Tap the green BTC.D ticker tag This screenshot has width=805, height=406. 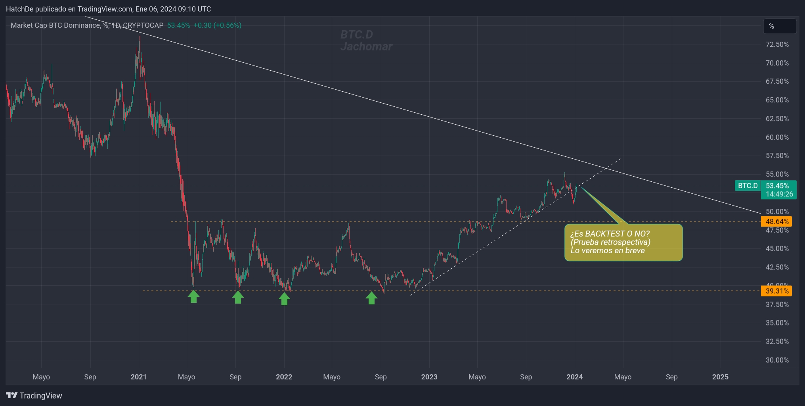coord(748,186)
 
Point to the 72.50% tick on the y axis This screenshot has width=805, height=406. coord(777,44)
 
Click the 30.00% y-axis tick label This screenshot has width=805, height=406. coord(777,360)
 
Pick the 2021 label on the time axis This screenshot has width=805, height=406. coord(138,377)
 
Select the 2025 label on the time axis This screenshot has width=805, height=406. coord(720,377)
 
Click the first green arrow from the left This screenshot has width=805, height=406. coord(193,296)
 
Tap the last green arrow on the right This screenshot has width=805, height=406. coord(371,298)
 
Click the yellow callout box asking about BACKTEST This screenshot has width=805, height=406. coord(623,242)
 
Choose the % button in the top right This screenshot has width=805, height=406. coord(779,26)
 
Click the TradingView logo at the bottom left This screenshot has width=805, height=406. coord(34,396)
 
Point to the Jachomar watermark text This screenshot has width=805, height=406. coord(366,47)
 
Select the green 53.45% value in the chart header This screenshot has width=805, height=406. coord(178,25)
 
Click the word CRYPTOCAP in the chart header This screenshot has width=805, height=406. coord(143,25)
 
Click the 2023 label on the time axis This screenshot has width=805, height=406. coord(429,377)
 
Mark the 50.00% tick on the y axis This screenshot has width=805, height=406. coord(777,212)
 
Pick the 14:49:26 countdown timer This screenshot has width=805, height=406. coord(779,194)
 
